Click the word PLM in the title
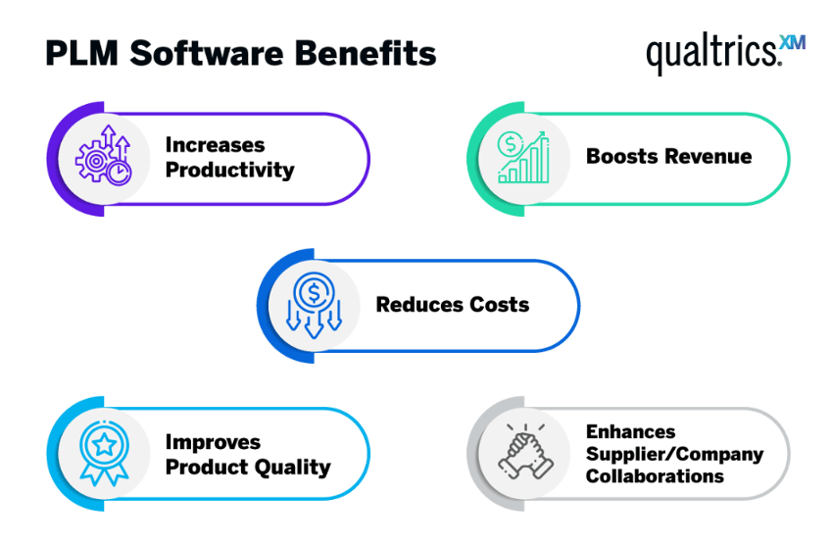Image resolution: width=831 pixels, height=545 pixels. tap(81, 54)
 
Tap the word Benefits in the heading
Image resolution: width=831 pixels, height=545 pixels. tap(366, 53)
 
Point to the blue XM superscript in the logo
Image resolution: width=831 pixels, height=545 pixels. tap(793, 42)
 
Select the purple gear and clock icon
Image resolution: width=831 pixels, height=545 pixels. tap(103, 155)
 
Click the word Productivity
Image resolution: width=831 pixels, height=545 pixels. tap(229, 171)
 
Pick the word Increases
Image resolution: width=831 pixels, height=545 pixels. tap(215, 145)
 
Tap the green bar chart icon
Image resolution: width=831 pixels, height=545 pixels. tap(523, 157)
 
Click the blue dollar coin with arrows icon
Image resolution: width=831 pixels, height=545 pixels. tap(314, 305)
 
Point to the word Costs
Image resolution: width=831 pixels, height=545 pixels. tap(499, 305)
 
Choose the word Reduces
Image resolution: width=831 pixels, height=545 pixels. tap(419, 305)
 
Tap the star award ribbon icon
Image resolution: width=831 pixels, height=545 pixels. tap(104, 452)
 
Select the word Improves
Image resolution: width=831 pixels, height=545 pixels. tap(213, 442)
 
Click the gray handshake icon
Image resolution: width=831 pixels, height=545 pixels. tap(525, 451)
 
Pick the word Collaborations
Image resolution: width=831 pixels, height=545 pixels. tap(655, 476)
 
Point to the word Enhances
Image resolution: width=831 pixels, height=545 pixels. tap(631, 431)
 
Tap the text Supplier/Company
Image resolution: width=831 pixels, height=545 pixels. tap(674, 455)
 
